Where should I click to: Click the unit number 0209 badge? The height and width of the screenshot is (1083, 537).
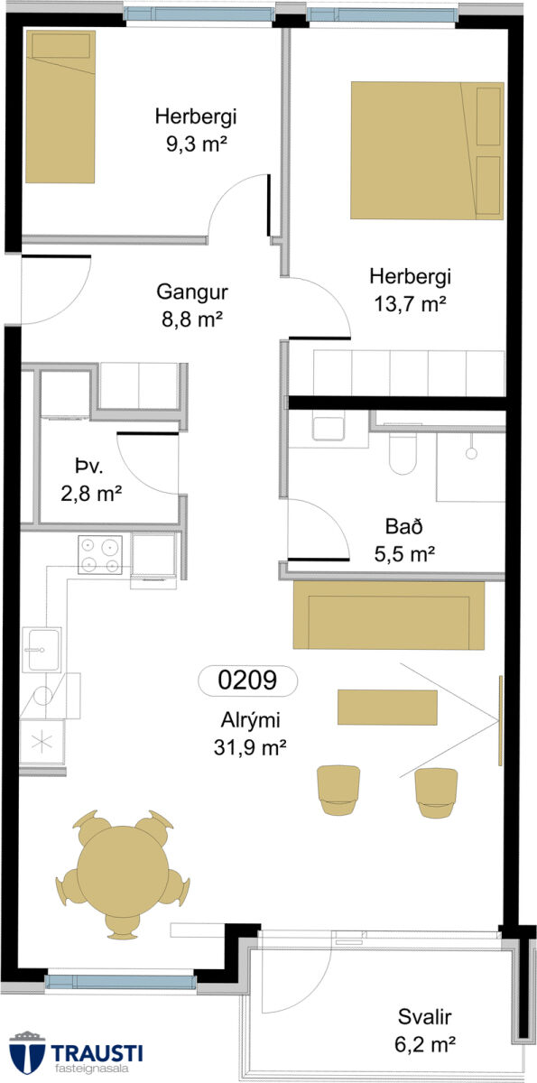click(248, 680)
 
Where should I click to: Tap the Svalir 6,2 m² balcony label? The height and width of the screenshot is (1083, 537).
click(425, 1031)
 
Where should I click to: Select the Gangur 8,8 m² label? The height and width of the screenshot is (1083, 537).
click(192, 305)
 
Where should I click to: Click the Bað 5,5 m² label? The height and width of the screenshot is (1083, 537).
click(404, 540)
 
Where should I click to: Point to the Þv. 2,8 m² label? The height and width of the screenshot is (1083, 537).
click(91, 480)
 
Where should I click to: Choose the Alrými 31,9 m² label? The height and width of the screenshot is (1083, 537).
click(250, 734)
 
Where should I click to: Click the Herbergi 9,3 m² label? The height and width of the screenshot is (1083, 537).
click(196, 130)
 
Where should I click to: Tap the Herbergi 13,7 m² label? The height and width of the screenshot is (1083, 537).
click(410, 290)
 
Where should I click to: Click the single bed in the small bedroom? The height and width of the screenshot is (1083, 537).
click(60, 106)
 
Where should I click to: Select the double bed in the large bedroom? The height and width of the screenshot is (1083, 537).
click(427, 151)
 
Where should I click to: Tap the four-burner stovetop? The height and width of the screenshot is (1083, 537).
click(100, 554)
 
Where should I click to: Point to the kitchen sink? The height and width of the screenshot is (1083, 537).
click(42, 649)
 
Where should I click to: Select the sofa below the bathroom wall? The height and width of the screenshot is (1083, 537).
click(389, 615)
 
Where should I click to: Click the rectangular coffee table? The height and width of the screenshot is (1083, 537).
click(387, 708)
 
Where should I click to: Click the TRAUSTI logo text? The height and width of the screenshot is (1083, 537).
click(97, 1052)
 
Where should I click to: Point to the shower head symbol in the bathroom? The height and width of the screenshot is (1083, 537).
click(471, 453)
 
